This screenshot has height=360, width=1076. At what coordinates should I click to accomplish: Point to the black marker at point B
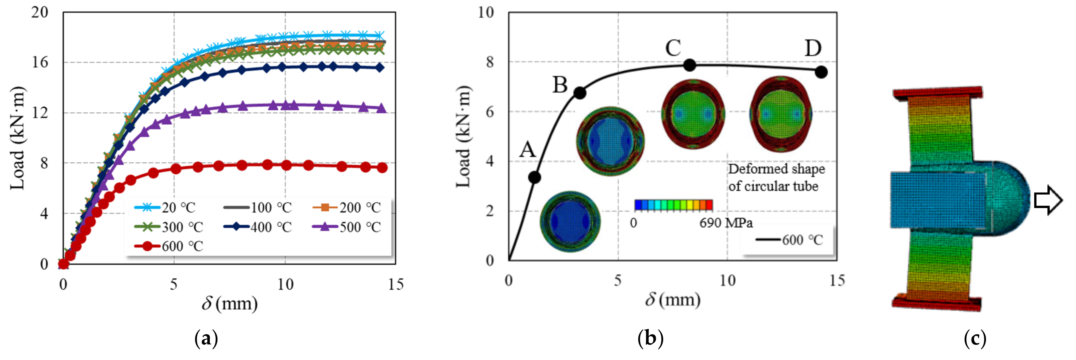(580, 93)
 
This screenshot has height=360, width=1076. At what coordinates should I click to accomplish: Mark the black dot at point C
(690, 65)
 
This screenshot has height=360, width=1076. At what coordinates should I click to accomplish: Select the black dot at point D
(821, 72)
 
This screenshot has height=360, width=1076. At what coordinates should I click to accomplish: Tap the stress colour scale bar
(673, 205)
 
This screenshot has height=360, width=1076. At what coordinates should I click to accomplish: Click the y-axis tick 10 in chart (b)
(485, 12)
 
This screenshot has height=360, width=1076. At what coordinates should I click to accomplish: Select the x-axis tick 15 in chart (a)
(395, 285)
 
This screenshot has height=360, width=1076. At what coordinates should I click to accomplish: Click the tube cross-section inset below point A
(570, 221)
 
